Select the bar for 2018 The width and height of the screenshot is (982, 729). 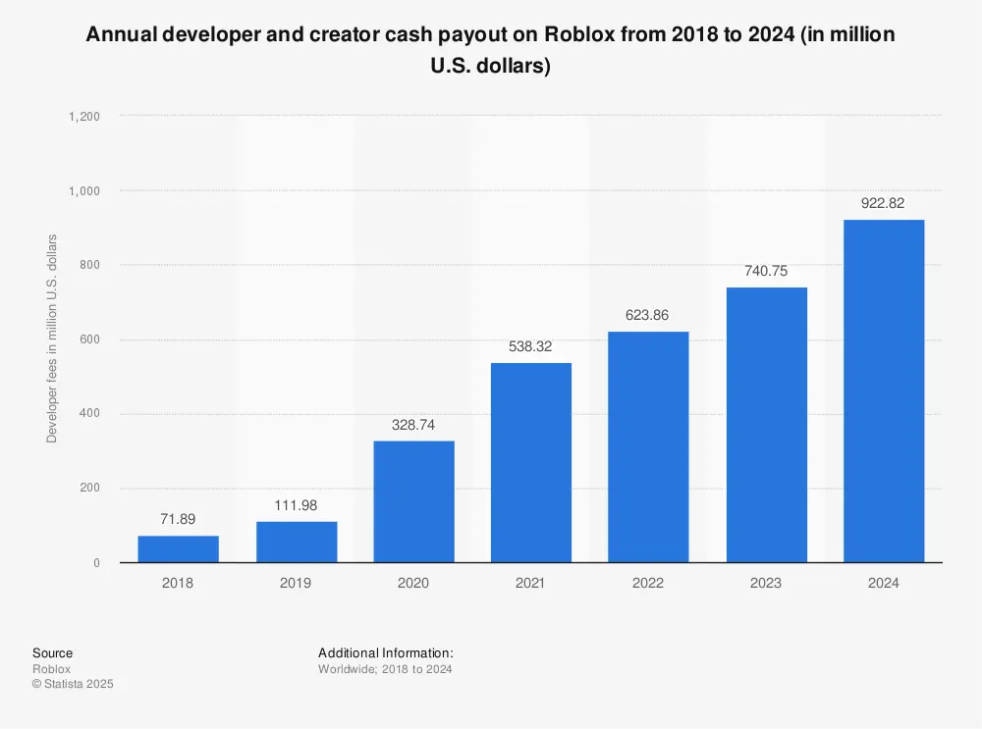(x=178, y=549)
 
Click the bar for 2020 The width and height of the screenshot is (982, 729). (x=413, y=501)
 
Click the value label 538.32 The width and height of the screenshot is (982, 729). (x=530, y=345)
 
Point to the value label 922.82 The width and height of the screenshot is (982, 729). (x=884, y=203)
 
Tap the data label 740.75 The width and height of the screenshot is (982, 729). (x=766, y=271)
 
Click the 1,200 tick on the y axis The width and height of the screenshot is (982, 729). (x=85, y=116)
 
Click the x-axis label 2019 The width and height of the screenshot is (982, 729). (x=296, y=583)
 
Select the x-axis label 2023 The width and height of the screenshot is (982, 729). (x=766, y=583)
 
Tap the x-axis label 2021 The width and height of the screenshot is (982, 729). (x=530, y=583)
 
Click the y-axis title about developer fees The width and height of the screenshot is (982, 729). (x=52, y=338)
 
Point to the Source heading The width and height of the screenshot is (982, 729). (x=52, y=653)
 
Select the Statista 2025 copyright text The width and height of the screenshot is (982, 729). (x=73, y=685)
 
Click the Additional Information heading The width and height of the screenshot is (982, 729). (x=385, y=653)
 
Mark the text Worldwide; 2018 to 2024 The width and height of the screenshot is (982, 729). (x=385, y=669)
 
